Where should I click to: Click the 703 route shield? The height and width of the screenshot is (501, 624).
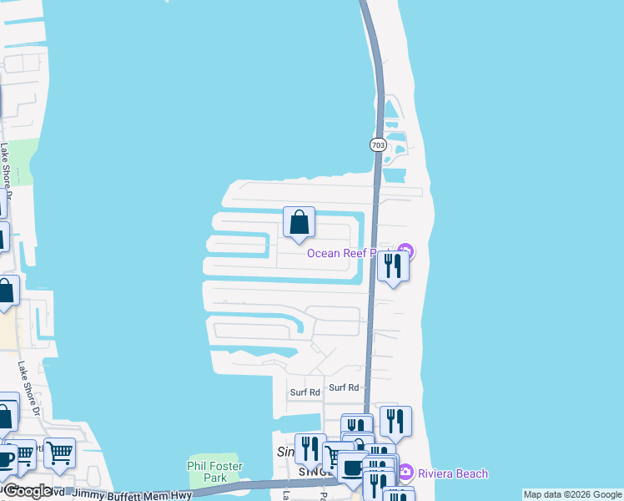pyautogui.click(x=379, y=144)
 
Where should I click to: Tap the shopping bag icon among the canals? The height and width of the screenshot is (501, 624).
pyautogui.click(x=299, y=223)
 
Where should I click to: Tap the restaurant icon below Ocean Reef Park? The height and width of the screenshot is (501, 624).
pyautogui.click(x=392, y=266)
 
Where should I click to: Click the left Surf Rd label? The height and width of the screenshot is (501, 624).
pyautogui.click(x=305, y=392)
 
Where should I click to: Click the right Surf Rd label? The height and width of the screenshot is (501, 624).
pyautogui.click(x=344, y=387)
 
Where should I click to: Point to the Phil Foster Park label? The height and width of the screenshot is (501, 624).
pyautogui.click(x=214, y=472)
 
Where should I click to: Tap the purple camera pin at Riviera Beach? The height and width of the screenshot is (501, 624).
pyautogui.click(x=405, y=473)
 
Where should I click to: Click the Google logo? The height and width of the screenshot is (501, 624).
pyautogui.click(x=28, y=491)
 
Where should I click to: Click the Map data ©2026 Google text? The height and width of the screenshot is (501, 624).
pyautogui.click(x=573, y=494)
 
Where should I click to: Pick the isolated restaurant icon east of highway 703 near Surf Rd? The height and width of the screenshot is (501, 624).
pyautogui.click(x=395, y=422)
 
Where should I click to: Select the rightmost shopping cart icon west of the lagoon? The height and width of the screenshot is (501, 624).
pyautogui.click(x=59, y=454)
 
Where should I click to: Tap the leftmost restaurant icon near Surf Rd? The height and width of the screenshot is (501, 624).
pyautogui.click(x=309, y=449)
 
